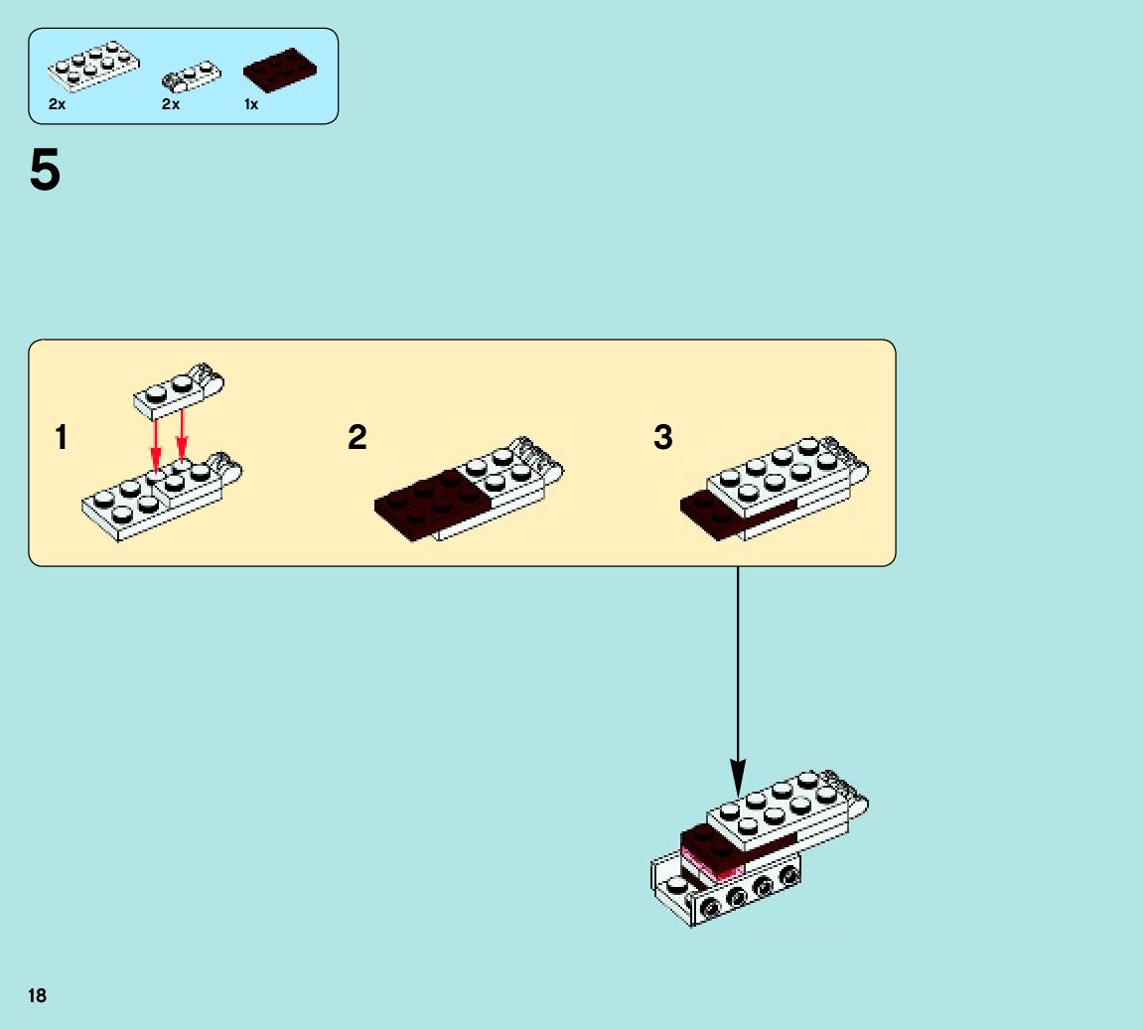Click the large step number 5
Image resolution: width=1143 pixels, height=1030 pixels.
click(45, 172)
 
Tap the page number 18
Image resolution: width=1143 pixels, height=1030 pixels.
click(37, 995)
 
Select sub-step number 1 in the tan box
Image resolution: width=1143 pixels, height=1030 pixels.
click(62, 437)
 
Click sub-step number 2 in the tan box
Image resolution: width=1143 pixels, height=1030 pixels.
click(357, 437)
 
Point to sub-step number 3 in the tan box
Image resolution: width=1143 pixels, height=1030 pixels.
click(663, 437)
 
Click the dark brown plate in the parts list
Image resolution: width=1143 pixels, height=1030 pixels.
click(280, 68)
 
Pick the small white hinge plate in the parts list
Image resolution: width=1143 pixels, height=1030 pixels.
click(192, 75)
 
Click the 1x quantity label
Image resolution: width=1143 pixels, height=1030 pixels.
click(251, 104)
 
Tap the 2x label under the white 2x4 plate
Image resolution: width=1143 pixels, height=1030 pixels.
click(57, 104)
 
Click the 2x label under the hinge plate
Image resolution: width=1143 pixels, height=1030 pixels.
click(171, 104)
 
